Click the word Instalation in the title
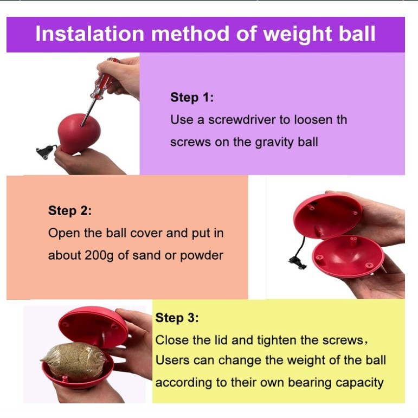click(x=90, y=34)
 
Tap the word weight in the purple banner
click(x=298, y=35)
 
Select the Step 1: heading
click(x=192, y=97)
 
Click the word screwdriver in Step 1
click(x=241, y=120)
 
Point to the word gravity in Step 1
click(x=274, y=143)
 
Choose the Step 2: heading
click(x=70, y=210)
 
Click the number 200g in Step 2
click(x=99, y=255)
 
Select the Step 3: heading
click(x=177, y=318)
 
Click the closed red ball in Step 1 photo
click(x=79, y=133)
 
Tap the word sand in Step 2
click(x=146, y=255)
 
